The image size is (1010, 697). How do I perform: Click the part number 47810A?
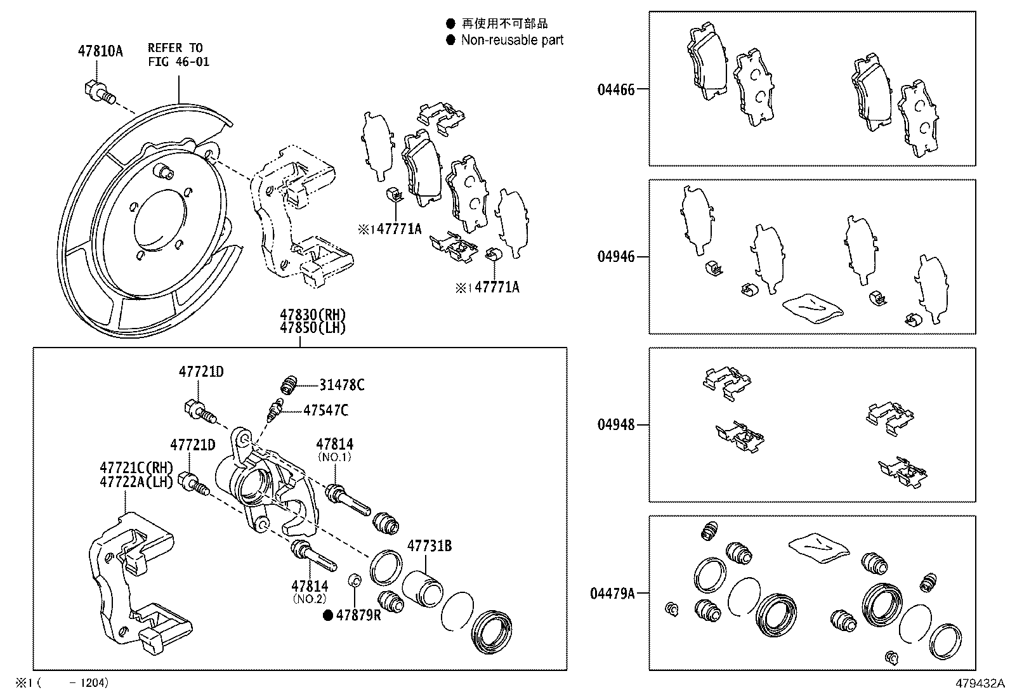pos(100,51)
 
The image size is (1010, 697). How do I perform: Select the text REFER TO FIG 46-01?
pos(178,55)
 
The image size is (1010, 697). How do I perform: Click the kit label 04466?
pos(615,89)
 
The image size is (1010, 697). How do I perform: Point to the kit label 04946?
pos(615,257)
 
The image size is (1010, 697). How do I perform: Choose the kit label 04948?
pos(615,425)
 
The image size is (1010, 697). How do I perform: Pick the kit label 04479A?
pos(612,594)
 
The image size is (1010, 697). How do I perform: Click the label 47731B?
pos(430,545)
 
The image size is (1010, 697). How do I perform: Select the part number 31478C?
pos(341,385)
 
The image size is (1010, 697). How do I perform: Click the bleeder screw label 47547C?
pos(325,411)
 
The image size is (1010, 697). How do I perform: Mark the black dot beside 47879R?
pos(328,615)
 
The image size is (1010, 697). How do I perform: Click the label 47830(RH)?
pos(313,315)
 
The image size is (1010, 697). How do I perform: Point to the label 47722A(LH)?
pos(136,482)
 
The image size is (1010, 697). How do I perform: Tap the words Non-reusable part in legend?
pos(512,41)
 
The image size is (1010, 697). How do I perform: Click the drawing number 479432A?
pos(981,684)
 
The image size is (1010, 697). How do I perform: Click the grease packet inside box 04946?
pos(812,308)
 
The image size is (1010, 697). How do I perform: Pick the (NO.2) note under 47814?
pos(310,598)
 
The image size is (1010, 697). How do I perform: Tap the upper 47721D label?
pos(200,372)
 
